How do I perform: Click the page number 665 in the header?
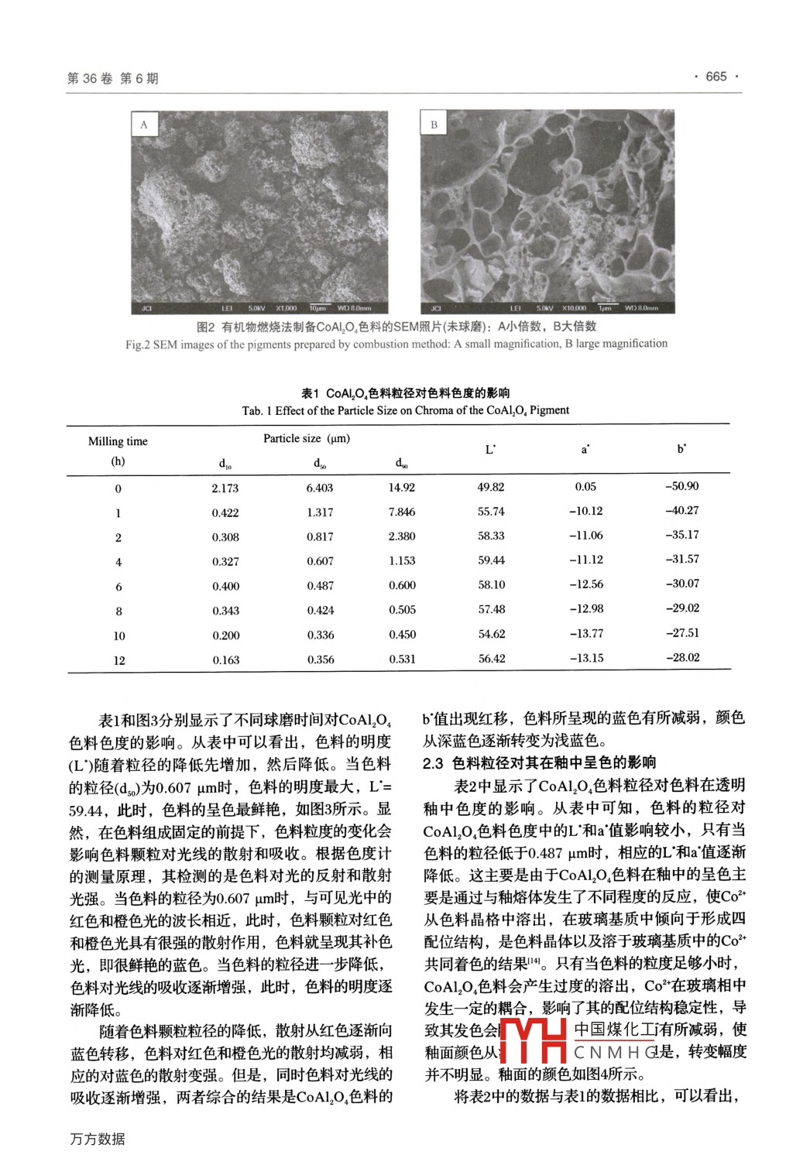click(716, 77)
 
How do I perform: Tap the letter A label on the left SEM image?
click(144, 125)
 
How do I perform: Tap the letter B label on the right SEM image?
click(434, 125)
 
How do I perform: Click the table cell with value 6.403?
click(319, 488)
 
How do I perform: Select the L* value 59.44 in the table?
click(491, 560)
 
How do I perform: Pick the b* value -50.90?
click(681, 486)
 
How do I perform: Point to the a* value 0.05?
click(585, 486)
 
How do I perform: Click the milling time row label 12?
click(118, 660)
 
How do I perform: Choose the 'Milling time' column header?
click(118, 441)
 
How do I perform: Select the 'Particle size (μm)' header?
click(307, 438)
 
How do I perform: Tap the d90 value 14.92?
click(402, 488)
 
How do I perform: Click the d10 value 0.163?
click(226, 660)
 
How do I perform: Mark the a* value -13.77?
click(586, 633)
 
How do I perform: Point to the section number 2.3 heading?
click(433, 763)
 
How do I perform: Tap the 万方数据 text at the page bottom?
click(98, 1139)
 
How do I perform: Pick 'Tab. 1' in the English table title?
click(256, 410)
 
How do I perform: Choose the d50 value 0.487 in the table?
click(320, 586)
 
